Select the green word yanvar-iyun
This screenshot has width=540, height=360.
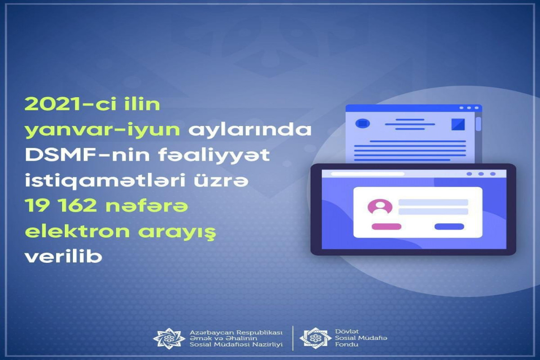(x=103, y=130)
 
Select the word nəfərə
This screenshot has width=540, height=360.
(x=147, y=207)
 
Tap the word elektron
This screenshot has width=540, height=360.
(x=77, y=231)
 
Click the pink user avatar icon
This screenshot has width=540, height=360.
(x=380, y=207)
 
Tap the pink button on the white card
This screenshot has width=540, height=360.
(x=387, y=226)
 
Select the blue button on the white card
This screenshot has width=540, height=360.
(x=449, y=226)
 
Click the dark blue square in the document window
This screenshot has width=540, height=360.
(x=458, y=124)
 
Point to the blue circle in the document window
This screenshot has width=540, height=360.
(x=363, y=123)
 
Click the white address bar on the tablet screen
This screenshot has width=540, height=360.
(x=367, y=174)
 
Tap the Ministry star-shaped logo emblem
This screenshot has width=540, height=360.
(x=169, y=338)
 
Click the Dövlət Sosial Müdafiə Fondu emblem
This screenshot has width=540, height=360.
(x=315, y=338)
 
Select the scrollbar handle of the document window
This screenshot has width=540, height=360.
(x=478, y=124)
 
